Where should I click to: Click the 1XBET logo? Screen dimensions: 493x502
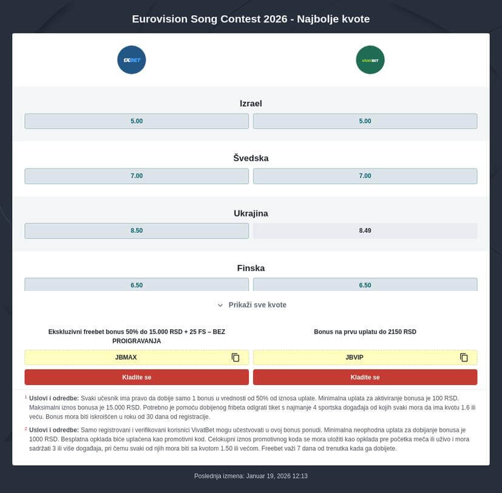(132, 60)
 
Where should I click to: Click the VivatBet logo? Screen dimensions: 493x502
(370, 60)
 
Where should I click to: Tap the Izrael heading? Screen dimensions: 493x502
(251, 104)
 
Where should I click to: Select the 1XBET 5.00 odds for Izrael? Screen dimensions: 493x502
(137, 121)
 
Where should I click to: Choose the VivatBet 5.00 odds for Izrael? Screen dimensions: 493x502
(365, 121)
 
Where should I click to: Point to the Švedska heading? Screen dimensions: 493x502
(251, 158)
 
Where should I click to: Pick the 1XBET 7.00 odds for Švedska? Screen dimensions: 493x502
(137, 176)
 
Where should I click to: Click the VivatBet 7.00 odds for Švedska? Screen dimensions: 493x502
(365, 176)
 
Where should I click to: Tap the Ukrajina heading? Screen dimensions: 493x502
(251, 213)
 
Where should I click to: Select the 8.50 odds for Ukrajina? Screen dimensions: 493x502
(137, 231)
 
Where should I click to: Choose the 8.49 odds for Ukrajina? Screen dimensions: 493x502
(365, 231)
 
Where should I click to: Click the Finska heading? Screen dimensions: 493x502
(251, 268)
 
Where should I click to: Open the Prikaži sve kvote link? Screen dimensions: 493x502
(257, 305)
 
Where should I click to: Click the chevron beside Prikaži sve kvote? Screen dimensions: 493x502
(220, 305)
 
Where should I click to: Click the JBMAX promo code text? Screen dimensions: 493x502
(126, 358)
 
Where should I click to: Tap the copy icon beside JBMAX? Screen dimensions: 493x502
(236, 358)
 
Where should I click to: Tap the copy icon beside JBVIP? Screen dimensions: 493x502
(464, 358)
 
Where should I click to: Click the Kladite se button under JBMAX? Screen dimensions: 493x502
(137, 377)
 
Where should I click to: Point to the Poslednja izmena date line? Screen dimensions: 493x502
(251, 476)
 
